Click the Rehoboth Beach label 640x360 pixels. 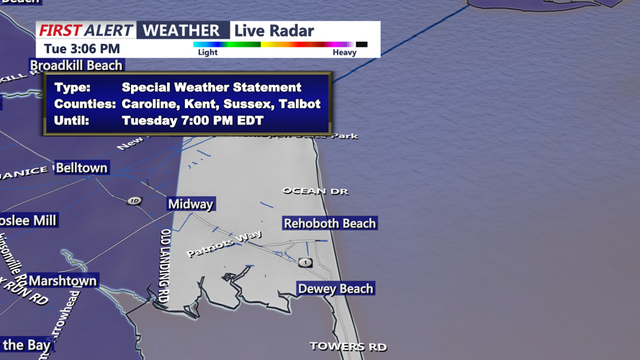(330, 223)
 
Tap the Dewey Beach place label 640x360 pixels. (335, 289)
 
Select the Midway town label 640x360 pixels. (191, 204)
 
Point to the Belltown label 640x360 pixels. (82, 168)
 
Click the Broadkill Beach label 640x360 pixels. (76, 66)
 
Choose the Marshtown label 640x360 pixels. (63, 281)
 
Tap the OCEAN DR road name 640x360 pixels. (315, 192)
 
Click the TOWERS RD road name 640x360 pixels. (348, 346)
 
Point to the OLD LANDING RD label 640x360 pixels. (165, 266)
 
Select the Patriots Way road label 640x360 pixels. (224, 244)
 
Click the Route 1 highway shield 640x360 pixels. (305, 262)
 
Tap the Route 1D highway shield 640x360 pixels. (134, 200)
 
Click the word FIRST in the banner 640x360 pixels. (60, 31)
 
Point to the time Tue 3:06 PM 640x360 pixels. (82, 49)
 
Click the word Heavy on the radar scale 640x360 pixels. (344, 53)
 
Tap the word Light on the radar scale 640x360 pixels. (207, 53)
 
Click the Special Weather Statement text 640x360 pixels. (212, 88)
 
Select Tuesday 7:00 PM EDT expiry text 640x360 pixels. (193, 121)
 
